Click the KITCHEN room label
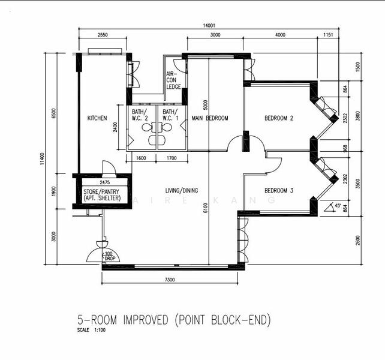[x=97, y=118]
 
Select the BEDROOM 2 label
[x=279, y=118]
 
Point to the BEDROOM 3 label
[x=279, y=191]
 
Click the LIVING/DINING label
[x=182, y=191]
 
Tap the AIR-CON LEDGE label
[x=173, y=80]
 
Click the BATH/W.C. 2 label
[x=140, y=115]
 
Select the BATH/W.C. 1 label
[x=170, y=115]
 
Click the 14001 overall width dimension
[x=209, y=25]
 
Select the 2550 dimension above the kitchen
[x=103, y=35]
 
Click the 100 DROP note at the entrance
[x=109, y=256]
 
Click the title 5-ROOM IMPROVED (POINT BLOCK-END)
[x=174, y=320]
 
